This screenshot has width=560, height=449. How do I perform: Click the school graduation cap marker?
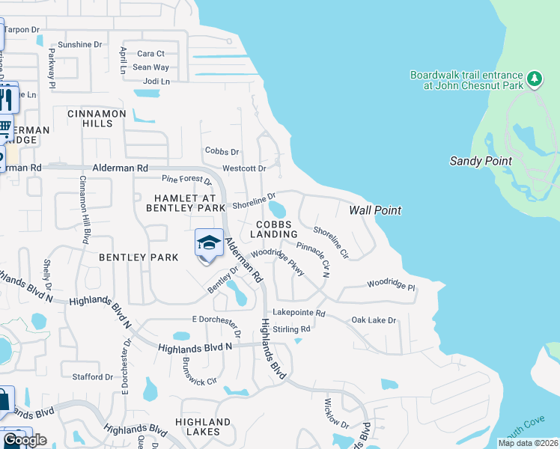tap(210, 243)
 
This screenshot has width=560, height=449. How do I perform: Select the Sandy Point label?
tap(481, 161)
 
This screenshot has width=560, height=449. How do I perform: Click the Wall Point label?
tap(375, 210)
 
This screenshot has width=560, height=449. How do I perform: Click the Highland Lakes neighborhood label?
tap(198, 427)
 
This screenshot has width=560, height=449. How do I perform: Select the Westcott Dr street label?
tap(244, 169)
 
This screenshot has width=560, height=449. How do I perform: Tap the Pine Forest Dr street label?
tap(187, 180)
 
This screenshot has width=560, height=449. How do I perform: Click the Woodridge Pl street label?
tap(391, 285)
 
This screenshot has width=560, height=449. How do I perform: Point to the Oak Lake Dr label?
tap(374, 320)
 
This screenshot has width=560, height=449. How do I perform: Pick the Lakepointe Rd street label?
tap(299, 314)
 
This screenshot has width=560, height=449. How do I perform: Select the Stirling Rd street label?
tap(292, 329)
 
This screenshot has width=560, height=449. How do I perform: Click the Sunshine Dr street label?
tap(79, 45)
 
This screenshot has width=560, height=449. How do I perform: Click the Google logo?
tap(25, 439)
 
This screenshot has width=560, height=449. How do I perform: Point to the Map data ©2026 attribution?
tap(528, 443)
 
